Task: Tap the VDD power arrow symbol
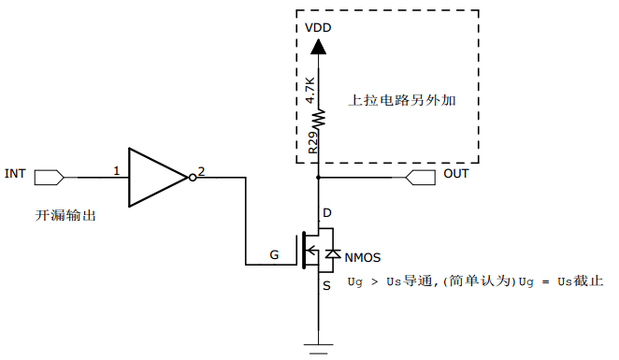click(320, 46)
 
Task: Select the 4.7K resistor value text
click(311, 90)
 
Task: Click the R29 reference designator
click(312, 141)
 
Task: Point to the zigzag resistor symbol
click(320, 119)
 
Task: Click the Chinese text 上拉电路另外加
click(401, 100)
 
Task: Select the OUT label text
click(456, 174)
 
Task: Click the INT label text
click(15, 174)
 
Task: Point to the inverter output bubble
click(193, 175)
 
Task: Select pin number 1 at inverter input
click(116, 171)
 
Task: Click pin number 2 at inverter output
click(202, 171)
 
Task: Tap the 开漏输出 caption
click(65, 216)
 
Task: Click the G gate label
click(273, 254)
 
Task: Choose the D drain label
click(326, 213)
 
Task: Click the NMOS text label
click(363, 257)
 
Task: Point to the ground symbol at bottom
click(320, 350)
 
